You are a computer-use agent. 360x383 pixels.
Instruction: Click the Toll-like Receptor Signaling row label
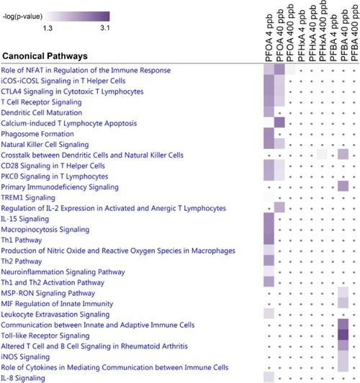tap(45, 335)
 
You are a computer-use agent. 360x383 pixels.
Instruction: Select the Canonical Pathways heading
tap(45, 56)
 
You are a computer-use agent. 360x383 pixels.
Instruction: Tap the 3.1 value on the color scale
tap(105, 28)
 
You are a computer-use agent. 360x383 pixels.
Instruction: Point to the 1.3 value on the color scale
tap(48, 28)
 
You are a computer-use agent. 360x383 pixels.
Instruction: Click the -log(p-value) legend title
tap(22, 17)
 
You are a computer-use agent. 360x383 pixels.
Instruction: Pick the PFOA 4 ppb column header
tap(269, 38)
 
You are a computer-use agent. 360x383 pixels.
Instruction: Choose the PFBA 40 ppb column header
tap(343, 35)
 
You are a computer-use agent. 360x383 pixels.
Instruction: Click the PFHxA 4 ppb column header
tap(302, 36)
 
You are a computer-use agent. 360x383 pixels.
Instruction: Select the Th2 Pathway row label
tap(22, 261)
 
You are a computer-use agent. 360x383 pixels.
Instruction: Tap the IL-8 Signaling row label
tap(23, 378)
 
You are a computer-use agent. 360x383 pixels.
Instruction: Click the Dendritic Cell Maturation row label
tap(42, 112)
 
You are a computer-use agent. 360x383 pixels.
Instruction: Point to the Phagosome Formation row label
tap(37, 134)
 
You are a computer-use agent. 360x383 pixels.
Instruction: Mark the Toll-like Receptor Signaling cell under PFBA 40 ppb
tap(343, 335)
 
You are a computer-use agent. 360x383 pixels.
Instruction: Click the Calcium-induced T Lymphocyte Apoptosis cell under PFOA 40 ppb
tap(279, 122)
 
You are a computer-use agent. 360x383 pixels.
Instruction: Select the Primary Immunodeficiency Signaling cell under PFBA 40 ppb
tap(343, 186)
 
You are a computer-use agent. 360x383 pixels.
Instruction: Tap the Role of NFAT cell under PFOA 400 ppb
tap(290, 69)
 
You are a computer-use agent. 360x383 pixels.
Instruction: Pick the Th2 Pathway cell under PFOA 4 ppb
tap(269, 261)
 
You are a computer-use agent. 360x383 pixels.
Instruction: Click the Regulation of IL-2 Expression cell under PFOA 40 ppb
tap(279, 207)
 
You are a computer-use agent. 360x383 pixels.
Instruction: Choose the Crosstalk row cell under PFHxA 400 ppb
tap(322, 154)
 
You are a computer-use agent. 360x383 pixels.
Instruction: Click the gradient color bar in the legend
tap(78, 17)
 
